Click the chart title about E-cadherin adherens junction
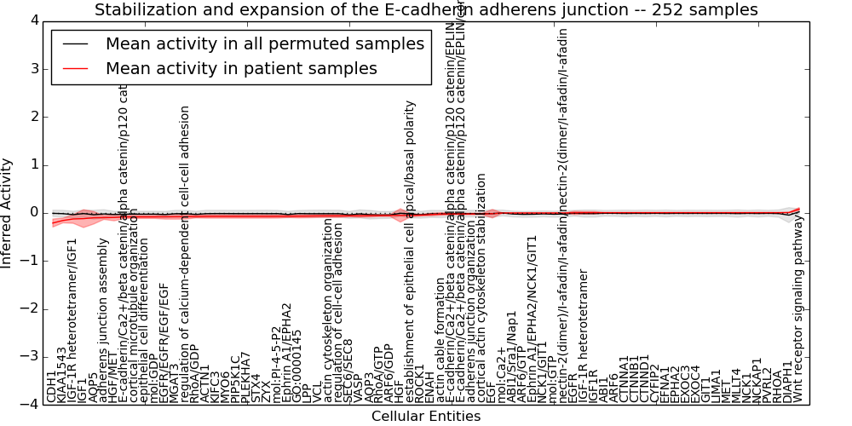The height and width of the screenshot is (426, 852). tap(426, 10)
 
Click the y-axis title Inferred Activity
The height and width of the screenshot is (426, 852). tap(8, 213)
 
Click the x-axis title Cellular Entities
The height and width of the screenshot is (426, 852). tap(426, 417)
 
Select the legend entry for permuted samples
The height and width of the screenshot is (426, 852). tap(264, 44)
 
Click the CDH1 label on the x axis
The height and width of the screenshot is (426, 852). tap(51, 386)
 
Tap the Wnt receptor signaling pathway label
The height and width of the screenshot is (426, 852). tap(797, 308)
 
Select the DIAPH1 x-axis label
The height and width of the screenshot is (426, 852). tap(786, 383)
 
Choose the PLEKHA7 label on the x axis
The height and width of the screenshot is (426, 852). tap(245, 377)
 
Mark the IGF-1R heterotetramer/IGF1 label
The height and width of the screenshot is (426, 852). tap(72, 320)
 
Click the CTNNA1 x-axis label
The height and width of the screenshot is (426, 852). tap(624, 379)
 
